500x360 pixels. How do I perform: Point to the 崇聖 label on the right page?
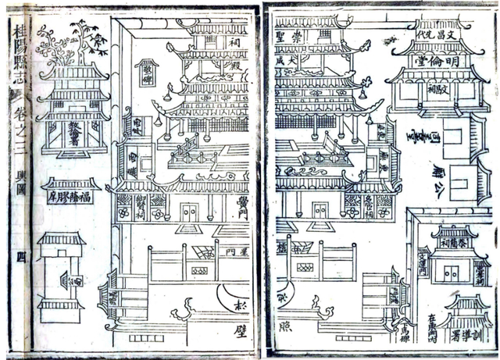(x=287, y=37)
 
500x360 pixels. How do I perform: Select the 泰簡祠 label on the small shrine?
(x=452, y=243)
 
